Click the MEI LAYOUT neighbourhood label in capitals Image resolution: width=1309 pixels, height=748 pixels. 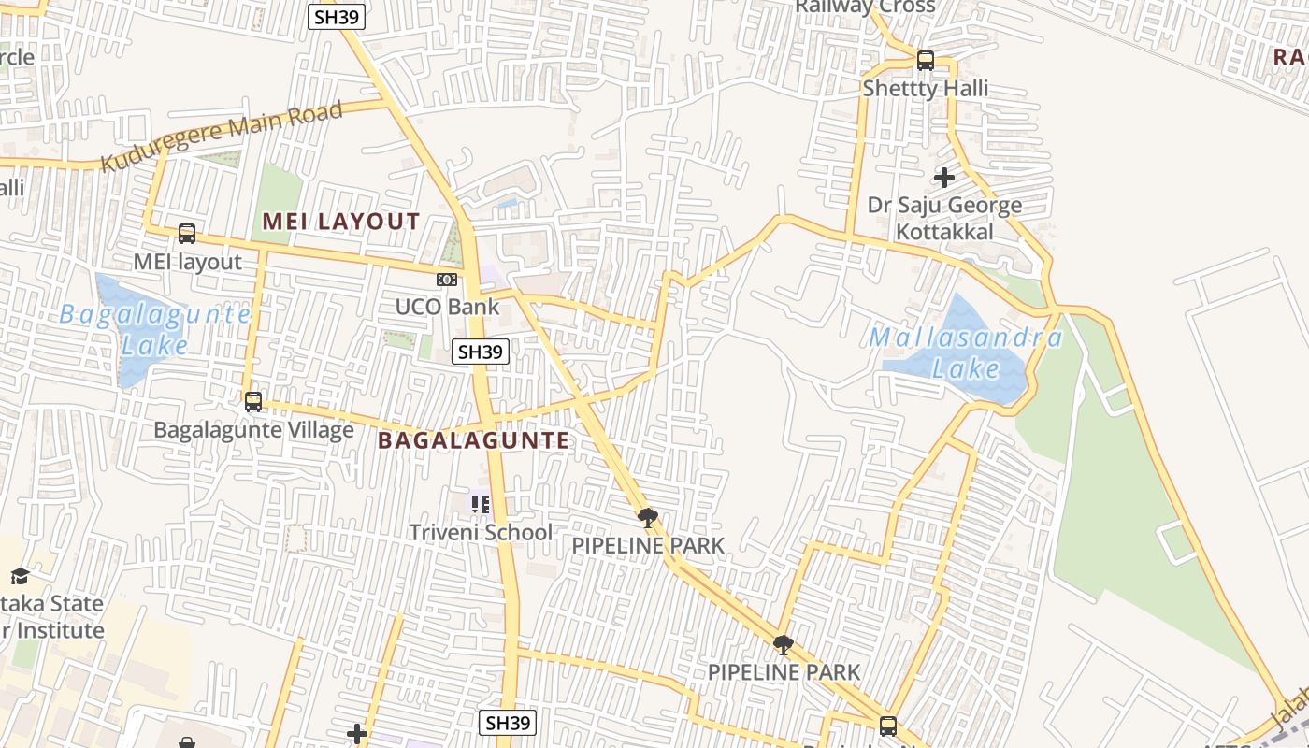tap(341, 222)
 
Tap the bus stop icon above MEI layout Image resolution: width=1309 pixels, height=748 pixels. tap(187, 234)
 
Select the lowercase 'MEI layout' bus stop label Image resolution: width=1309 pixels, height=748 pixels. tap(187, 262)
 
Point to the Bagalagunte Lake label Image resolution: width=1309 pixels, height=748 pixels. tap(154, 329)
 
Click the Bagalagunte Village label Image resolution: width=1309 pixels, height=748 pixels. tap(253, 430)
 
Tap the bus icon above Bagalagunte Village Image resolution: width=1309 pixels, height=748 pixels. tap(253, 402)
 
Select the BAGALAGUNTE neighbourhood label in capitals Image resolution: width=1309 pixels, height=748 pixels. tap(473, 440)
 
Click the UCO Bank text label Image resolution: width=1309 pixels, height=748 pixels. tap(447, 307)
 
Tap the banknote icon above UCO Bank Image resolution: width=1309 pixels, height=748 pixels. tap(447, 279)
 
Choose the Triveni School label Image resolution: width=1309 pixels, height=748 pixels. tap(481, 532)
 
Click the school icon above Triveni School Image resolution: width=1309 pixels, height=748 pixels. tap(481, 505)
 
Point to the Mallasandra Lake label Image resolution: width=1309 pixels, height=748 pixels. tap(966, 352)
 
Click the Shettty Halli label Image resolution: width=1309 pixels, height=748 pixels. tap(925, 89)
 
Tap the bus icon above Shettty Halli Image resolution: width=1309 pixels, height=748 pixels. tap(926, 61)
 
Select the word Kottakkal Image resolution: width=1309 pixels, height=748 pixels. tap(944, 231)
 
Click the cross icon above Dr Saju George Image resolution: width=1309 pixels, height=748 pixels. tap(944, 177)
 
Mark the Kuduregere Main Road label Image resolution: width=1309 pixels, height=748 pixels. tap(222, 137)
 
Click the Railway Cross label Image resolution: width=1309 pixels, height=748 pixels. tap(865, 7)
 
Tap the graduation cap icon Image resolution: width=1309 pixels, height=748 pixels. tap(20, 575)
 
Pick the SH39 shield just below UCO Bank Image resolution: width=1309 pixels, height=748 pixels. tap(481, 352)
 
